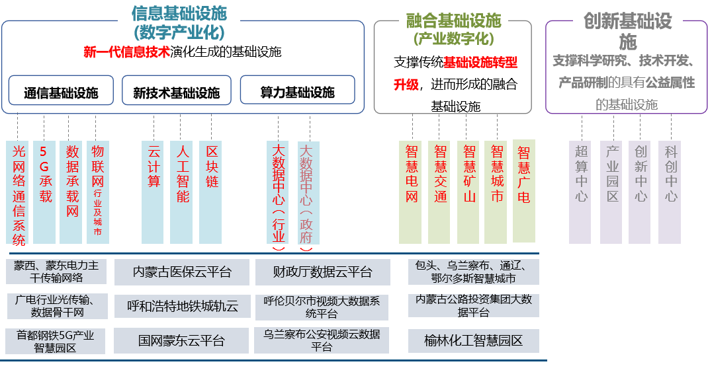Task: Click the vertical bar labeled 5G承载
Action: point(45,192)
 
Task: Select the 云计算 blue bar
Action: point(154,192)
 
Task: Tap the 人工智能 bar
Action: point(182,192)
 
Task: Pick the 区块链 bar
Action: point(211,192)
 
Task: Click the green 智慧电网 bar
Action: point(411,192)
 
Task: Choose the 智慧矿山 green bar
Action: point(468,192)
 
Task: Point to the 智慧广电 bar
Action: point(524,190)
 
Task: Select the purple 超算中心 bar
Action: point(581,192)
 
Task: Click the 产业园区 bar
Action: point(612,192)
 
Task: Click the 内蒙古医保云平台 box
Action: point(182,272)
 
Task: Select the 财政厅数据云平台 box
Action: point(322,272)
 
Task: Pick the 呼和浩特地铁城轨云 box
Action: point(182,306)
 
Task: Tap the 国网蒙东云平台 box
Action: point(182,341)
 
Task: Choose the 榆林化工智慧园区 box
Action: point(473,341)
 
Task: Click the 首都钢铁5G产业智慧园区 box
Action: point(56,341)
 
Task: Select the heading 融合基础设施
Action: point(454,20)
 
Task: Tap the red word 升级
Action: point(406,85)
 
